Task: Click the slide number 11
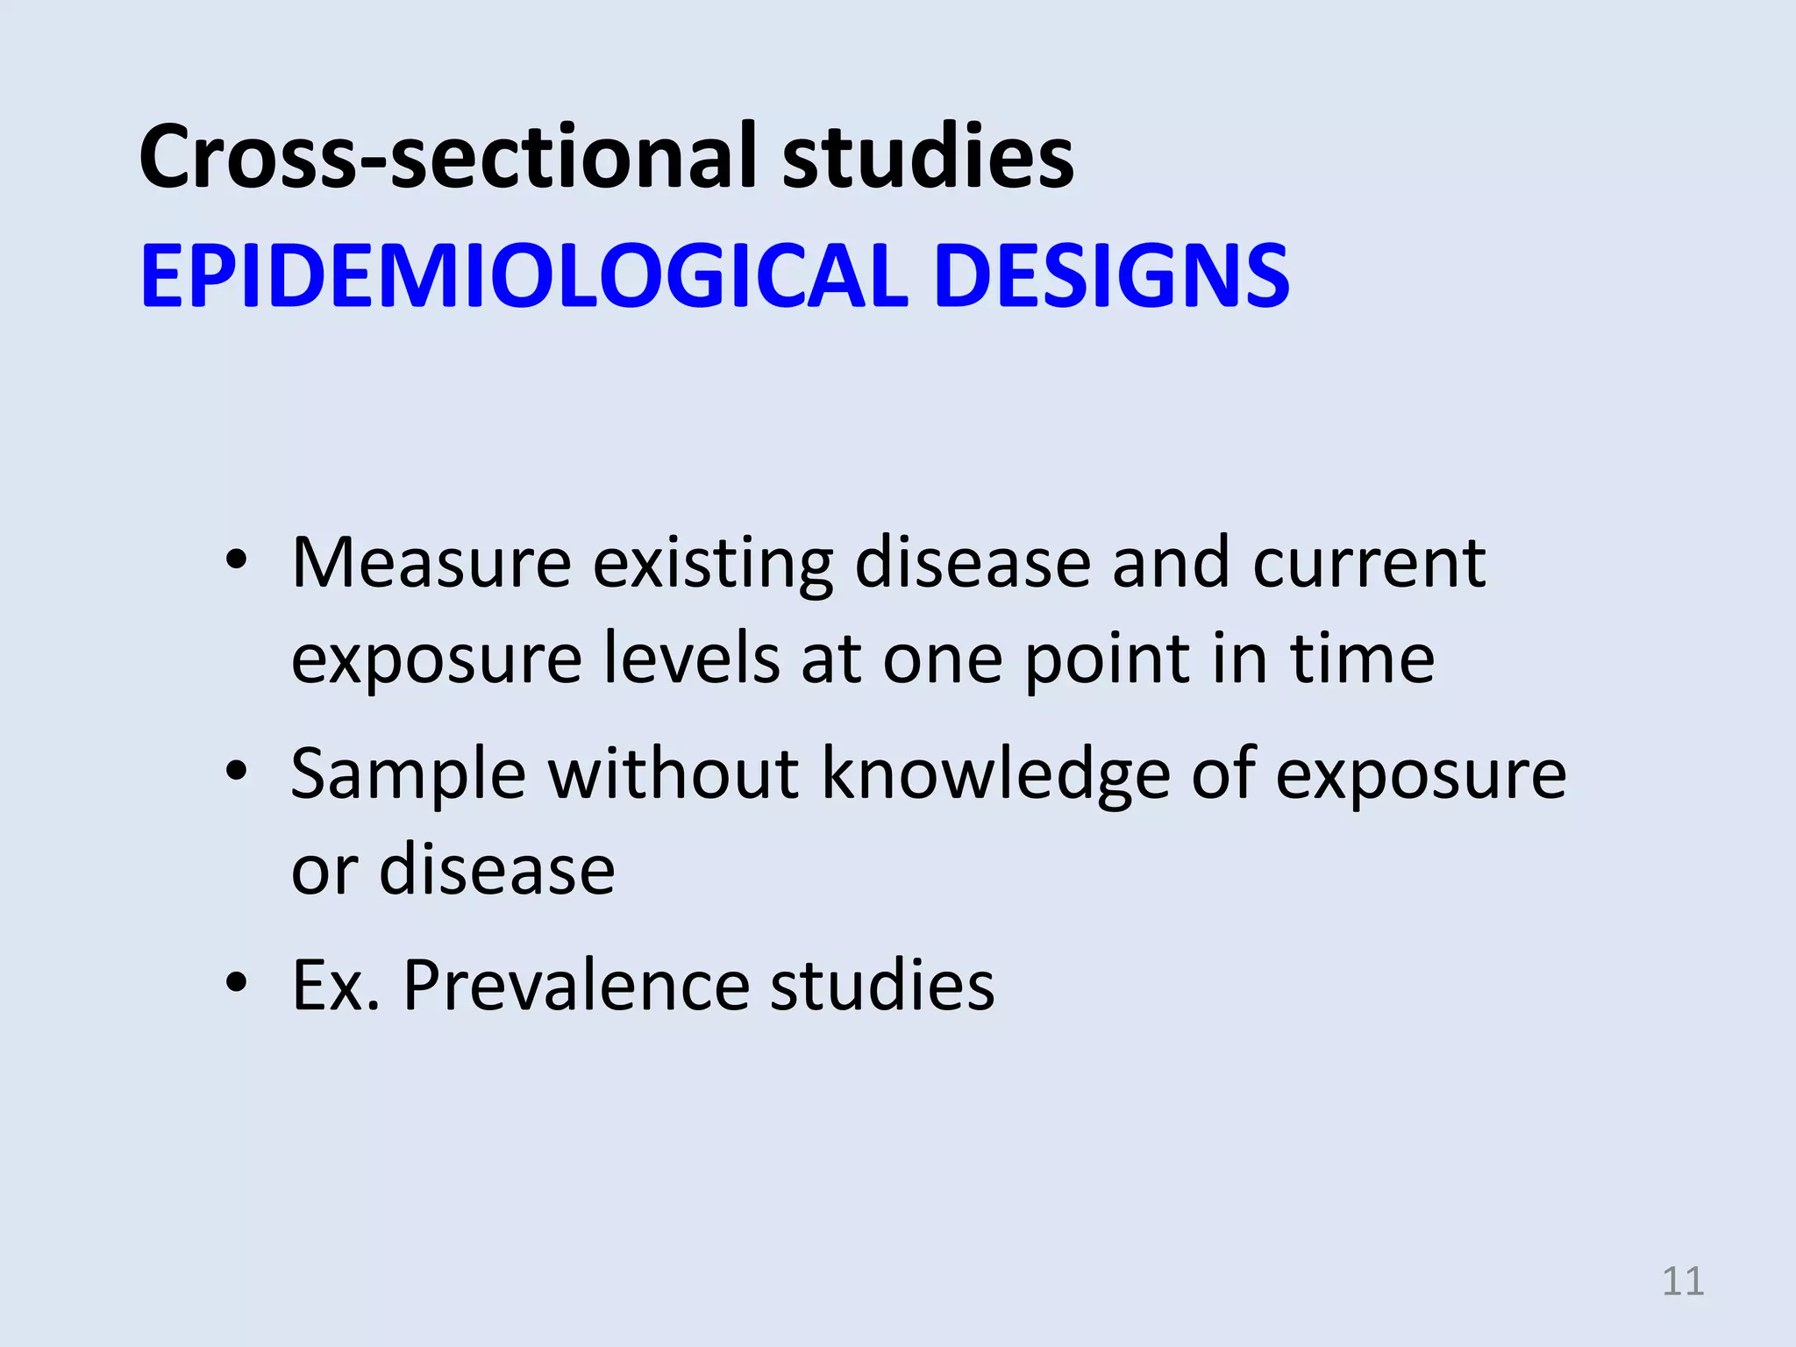pos(1683,1281)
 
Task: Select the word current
pos(1369,564)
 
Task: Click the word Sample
pos(409,775)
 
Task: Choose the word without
pos(673,773)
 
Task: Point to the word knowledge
pos(995,775)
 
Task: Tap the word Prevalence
pos(575,986)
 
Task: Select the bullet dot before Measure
pos(236,560)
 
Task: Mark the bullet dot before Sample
pos(236,772)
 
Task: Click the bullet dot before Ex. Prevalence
pos(236,983)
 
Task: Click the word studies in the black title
pos(928,157)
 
